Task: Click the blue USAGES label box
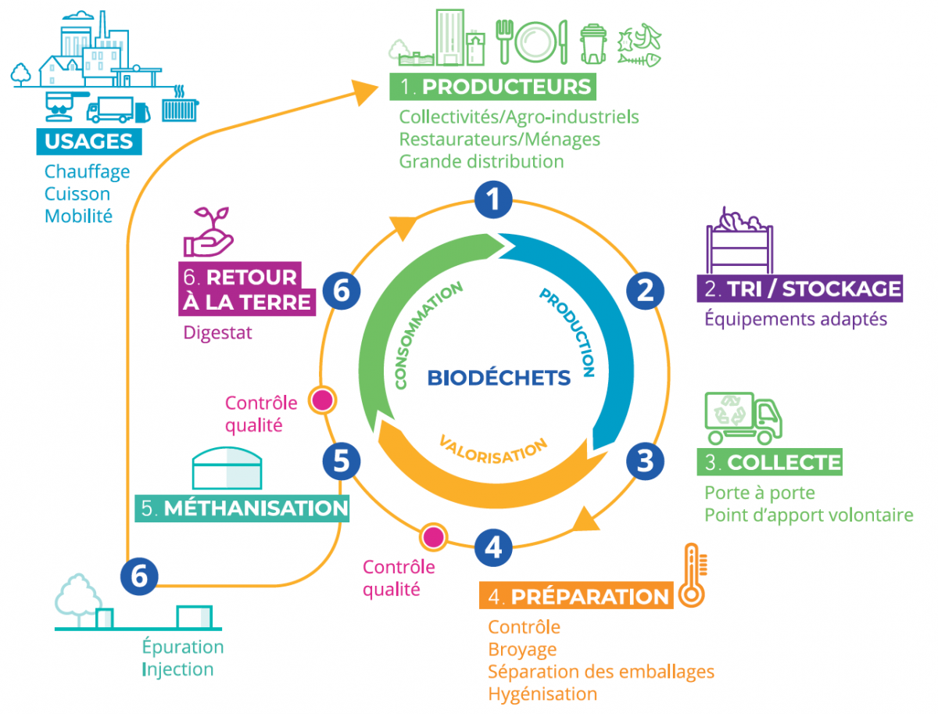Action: tap(89, 142)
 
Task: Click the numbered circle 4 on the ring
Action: tap(492, 547)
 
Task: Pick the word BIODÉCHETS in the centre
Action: tap(499, 379)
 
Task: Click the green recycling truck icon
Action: tap(743, 418)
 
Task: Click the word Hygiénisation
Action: tap(542, 694)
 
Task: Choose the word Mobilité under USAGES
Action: tap(78, 216)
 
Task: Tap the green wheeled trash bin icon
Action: tap(594, 43)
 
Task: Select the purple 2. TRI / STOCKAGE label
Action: tap(799, 289)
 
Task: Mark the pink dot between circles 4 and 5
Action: tap(432, 537)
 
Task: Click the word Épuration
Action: tap(183, 648)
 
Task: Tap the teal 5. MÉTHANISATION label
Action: tap(243, 508)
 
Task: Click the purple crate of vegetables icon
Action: tap(739, 239)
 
